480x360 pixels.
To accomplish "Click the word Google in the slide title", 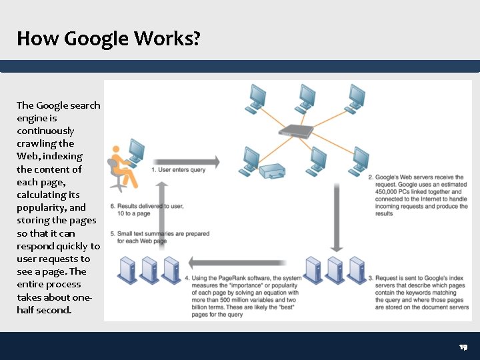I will (96, 39).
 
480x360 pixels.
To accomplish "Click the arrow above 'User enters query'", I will (187, 161).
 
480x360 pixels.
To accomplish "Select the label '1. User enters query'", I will (178, 170).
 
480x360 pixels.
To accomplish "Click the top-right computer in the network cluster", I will (355, 97).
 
